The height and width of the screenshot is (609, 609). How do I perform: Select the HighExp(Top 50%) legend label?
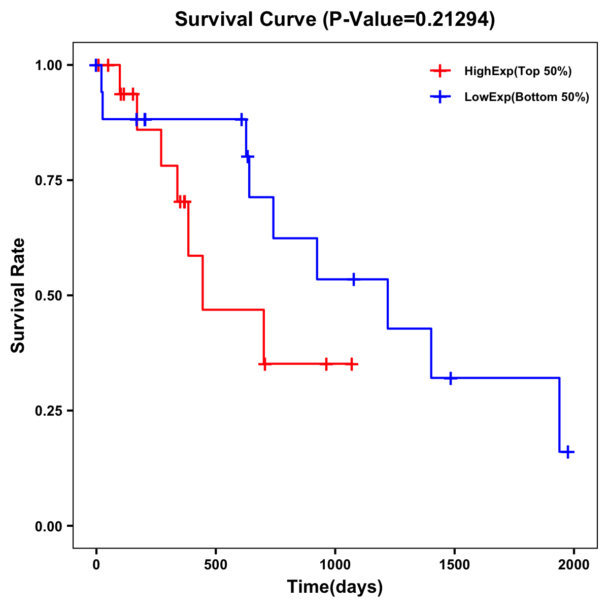[518, 72]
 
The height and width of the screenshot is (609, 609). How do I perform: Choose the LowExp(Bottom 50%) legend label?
[527, 97]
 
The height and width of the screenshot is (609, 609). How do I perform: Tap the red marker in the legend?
[440, 71]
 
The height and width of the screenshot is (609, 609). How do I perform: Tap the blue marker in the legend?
[440, 97]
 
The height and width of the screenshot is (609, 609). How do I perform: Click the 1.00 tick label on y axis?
[48, 65]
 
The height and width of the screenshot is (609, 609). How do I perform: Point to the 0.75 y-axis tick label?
[48, 181]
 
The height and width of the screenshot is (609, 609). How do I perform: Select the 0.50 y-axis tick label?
[48, 296]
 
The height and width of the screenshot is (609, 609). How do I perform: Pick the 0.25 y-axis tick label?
[48, 411]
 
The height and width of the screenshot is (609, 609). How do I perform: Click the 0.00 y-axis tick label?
[48, 526]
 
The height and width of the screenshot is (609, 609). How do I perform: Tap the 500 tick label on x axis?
[216, 565]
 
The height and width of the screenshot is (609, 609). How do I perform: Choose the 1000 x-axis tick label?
[335, 565]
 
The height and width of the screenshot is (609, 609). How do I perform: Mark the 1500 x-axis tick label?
[454, 565]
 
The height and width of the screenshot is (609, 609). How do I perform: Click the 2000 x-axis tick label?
[574, 565]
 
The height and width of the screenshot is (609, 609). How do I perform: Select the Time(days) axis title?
[335, 587]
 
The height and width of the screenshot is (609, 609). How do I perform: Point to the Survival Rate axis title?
[19, 295]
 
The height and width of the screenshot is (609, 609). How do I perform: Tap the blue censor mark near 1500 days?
[450, 378]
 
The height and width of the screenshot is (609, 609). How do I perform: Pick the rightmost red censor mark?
[351, 364]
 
